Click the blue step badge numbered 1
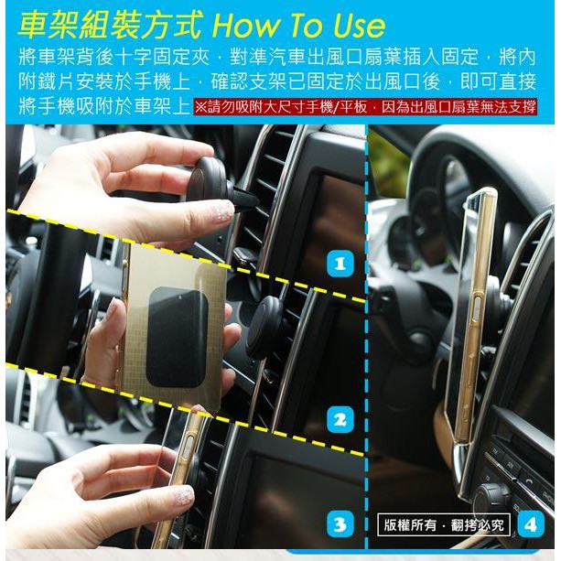(x=340, y=264)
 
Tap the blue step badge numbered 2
(x=340, y=419)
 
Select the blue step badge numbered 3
(x=340, y=523)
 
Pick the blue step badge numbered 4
(x=531, y=524)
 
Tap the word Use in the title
(x=359, y=26)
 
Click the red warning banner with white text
(x=365, y=107)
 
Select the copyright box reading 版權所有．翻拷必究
(x=444, y=524)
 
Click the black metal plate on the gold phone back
(x=177, y=337)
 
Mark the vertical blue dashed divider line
(x=366, y=336)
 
